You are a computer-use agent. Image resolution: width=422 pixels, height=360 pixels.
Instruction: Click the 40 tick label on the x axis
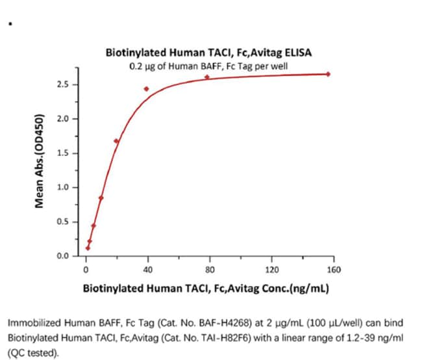point(148,270)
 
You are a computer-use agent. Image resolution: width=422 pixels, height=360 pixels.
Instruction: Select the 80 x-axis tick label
point(210,270)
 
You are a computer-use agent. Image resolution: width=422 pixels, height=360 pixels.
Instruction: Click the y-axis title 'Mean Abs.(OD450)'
point(40,161)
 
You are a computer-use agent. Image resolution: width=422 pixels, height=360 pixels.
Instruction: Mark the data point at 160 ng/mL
point(328,74)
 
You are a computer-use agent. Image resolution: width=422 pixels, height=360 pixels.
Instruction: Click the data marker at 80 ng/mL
point(207,77)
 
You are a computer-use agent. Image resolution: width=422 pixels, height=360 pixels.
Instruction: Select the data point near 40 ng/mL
point(147,88)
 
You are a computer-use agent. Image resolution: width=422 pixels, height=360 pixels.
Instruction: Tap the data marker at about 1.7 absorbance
point(116,141)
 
